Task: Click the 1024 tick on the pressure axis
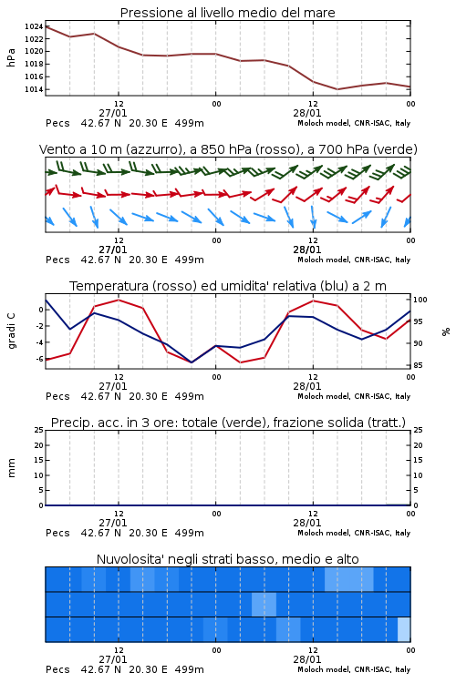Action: tap(34, 26)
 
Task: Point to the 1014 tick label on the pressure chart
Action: tap(34, 89)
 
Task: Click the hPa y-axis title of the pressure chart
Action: tap(11, 57)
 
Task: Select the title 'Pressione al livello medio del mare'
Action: tap(228, 13)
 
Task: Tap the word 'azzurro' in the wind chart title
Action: tap(153, 149)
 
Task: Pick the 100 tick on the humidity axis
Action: tap(420, 300)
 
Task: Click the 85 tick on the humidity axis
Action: tap(418, 365)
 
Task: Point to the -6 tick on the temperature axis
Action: tap(38, 359)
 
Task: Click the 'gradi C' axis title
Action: tap(11, 331)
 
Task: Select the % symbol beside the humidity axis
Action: tap(446, 331)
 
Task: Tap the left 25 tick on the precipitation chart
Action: tap(39, 430)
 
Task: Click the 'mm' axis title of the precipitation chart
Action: tap(11, 468)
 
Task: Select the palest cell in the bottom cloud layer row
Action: tap(404, 629)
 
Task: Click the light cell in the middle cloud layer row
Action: tap(264, 604)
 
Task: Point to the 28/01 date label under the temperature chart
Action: tap(307, 386)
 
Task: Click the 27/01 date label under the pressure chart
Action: tap(113, 113)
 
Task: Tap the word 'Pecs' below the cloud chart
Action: tap(57, 669)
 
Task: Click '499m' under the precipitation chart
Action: tap(190, 533)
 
